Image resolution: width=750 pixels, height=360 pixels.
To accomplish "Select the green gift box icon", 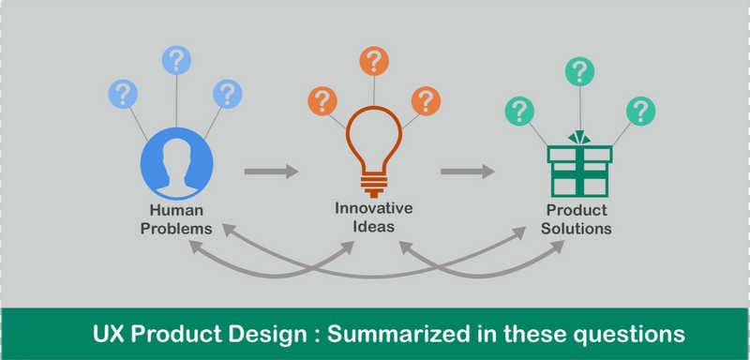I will pyautogui.click(x=579, y=165).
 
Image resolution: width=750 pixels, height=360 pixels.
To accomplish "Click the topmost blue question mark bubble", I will pyautogui.click(x=176, y=60).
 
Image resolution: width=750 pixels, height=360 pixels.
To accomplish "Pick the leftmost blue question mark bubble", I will pyautogui.click(x=123, y=93).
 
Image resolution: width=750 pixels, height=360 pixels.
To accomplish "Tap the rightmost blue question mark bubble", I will pyautogui.click(x=227, y=93).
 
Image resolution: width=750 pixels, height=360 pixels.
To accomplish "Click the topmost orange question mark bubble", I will pyautogui.click(x=374, y=61).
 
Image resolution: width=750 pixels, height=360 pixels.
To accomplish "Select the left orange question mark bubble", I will pyautogui.click(x=323, y=100).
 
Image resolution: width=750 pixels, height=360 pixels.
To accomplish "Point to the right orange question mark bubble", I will pyautogui.click(x=426, y=100).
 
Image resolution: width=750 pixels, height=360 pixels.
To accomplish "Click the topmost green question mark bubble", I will pyautogui.click(x=580, y=71).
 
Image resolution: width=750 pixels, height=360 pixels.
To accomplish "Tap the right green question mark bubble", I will pyautogui.click(x=641, y=111).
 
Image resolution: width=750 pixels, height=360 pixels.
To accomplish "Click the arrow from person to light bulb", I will pyautogui.click(x=271, y=172).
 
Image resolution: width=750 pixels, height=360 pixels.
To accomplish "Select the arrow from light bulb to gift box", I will pyautogui.click(x=468, y=172).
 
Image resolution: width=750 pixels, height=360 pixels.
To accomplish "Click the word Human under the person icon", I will pyautogui.click(x=176, y=211).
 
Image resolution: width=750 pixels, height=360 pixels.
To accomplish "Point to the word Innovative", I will pyautogui.click(x=374, y=208).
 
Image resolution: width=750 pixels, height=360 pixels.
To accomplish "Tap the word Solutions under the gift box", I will pyautogui.click(x=578, y=229).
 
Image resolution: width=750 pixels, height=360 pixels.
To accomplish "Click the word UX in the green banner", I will pyautogui.click(x=110, y=334).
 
